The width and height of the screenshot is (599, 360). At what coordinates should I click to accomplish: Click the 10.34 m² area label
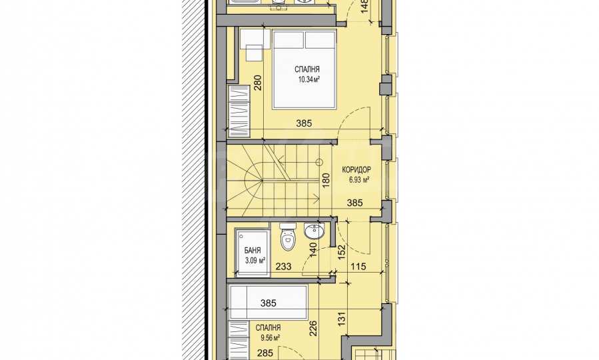pyautogui.click(x=308, y=79)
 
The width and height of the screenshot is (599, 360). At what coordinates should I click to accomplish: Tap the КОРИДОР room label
pyautogui.click(x=356, y=169)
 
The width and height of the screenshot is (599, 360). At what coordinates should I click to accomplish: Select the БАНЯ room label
pyautogui.click(x=253, y=251)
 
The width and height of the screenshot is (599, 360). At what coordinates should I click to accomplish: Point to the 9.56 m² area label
pyautogui.click(x=270, y=337)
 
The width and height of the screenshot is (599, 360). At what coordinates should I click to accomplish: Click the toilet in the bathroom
pyautogui.click(x=288, y=236)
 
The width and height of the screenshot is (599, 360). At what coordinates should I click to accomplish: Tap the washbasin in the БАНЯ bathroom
pyautogui.click(x=314, y=231)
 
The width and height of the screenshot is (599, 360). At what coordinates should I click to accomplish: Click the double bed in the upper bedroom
pyautogui.click(x=304, y=69)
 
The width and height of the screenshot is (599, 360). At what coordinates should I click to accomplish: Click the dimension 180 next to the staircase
pyautogui.click(x=326, y=180)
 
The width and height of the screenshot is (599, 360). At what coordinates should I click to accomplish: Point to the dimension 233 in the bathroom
pyautogui.click(x=283, y=267)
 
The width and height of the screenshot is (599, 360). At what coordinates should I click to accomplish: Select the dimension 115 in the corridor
pyautogui.click(x=358, y=267)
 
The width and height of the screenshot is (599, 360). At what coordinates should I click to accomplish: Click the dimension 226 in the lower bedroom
pyautogui.click(x=313, y=328)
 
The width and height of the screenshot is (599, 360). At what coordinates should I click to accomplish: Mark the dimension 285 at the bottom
pyautogui.click(x=265, y=353)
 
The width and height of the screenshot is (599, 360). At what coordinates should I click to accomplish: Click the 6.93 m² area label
pyautogui.click(x=358, y=179)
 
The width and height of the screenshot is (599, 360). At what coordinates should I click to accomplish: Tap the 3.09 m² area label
pyautogui.click(x=255, y=261)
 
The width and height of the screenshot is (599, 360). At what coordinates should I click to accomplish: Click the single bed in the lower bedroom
pyautogui.click(x=267, y=302)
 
